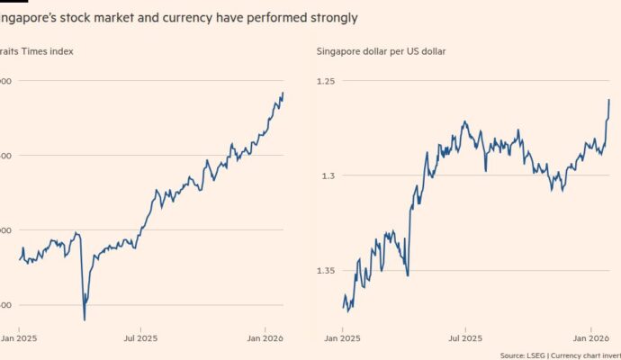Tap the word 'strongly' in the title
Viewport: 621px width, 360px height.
tap(330, 17)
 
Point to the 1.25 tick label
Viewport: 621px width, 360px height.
tap(326, 81)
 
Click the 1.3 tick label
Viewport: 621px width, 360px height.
tap(329, 175)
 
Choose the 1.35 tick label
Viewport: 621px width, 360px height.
tap(326, 270)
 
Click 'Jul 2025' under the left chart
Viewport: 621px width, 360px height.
tap(142, 339)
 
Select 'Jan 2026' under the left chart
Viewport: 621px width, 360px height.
tap(265, 339)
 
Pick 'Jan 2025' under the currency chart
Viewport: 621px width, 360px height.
tap(343, 339)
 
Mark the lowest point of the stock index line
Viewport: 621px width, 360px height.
tap(84, 319)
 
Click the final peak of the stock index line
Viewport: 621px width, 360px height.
tap(283, 92)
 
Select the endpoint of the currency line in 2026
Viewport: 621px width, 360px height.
tap(609, 99)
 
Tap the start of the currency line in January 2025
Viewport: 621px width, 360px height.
tap(344, 308)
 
